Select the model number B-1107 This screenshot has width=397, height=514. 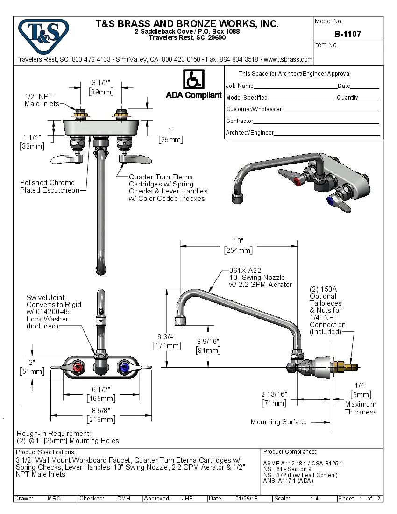pyautogui.click(x=347, y=34)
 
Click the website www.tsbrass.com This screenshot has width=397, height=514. pyautogui.click(x=288, y=59)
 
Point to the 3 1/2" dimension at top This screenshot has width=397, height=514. pyautogui.click(x=101, y=83)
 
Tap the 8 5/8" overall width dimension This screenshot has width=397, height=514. pyautogui.click(x=101, y=411)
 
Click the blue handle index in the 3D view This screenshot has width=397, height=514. pyautogui.click(x=332, y=201)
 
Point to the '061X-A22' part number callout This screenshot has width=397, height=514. pyautogui.click(x=245, y=270)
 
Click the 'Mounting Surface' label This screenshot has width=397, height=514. pyautogui.click(x=278, y=422)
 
